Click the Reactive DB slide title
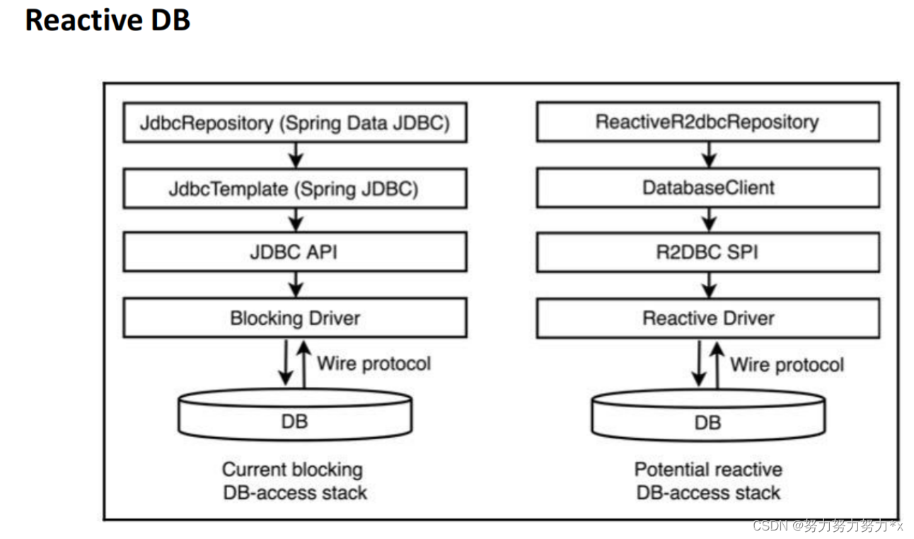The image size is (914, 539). click(x=108, y=21)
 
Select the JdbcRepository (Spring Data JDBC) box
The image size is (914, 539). click(x=294, y=122)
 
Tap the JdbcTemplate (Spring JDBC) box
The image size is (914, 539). click(x=294, y=188)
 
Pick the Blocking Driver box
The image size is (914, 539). click(x=294, y=318)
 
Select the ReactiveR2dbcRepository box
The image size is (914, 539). click(x=707, y=122)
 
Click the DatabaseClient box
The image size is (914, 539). click(x=707, y=187)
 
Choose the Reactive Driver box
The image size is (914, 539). click(x=707, y=318)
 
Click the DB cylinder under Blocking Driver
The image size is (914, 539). click(x=294, y=422)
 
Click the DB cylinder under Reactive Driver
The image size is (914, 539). click(x=707, y=423)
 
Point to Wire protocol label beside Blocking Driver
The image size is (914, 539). click(x=374, y=364)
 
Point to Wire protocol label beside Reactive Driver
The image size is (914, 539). click(x=787, y=364)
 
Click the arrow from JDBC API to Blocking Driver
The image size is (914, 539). click(x=296, y=285)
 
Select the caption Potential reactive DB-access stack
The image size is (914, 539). click(x=707, y=481)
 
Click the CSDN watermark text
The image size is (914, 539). click(x=828, y=526)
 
